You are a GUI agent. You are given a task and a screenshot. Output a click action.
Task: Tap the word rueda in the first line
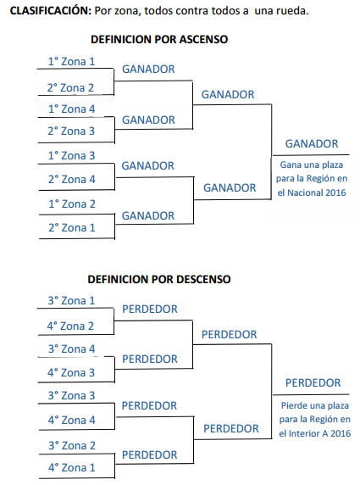[292, 11]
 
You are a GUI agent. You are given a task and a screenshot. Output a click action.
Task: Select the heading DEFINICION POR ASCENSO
[159, 39]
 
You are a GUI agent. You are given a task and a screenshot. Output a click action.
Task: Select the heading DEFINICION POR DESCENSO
[159, 279]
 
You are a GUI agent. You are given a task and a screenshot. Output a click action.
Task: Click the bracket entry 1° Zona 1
[71, 61]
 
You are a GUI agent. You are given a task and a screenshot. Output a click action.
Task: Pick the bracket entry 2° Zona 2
[70, 87]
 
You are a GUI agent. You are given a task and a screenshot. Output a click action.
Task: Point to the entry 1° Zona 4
[71, 109]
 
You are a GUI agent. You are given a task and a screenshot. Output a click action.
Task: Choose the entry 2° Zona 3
[71, 131]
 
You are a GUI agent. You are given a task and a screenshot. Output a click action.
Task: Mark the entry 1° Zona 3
[71, 155]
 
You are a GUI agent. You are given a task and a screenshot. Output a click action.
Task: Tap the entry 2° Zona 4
[72, 179]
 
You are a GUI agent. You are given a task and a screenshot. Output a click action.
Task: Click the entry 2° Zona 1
[72, 227]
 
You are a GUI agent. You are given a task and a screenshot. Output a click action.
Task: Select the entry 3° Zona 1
[71, 300]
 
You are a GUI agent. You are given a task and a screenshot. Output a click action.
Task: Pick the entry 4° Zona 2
[70, 326]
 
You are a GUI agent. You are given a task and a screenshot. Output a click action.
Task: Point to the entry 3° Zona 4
[71, 348]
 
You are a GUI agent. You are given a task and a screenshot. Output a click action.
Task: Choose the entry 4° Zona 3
[71, 372]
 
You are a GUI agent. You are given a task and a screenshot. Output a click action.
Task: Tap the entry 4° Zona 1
[72, 467]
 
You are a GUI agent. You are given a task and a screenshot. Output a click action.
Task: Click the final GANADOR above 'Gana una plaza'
[312, 143]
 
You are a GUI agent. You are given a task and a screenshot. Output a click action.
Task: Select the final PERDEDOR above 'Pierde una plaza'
[313, 382]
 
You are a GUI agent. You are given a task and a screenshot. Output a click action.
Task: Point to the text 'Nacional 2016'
[317, 192]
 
